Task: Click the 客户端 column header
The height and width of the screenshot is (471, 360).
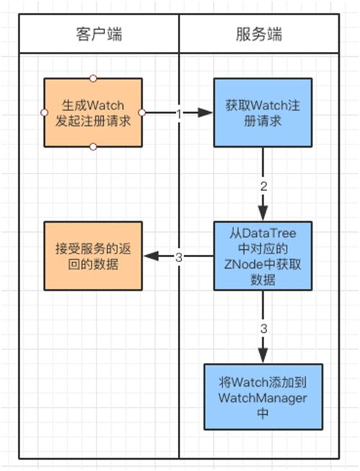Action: pos(98,34)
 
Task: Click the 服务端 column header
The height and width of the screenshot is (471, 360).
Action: pos(258,34)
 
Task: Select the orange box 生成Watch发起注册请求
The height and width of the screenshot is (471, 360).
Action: pos(93,112)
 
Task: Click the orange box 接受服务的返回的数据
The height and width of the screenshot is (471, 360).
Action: pos(93,256)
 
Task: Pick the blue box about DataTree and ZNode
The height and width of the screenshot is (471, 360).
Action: pos(262,256)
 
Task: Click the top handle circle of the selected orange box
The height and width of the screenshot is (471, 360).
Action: pos(93,78)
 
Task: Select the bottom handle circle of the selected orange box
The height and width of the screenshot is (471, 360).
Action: pos(93,147)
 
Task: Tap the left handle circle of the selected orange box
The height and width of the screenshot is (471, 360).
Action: pos(43,112)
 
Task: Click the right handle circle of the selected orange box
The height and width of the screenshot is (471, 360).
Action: pos(143,112)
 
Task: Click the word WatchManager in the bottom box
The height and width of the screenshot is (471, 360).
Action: pos(262,398)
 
